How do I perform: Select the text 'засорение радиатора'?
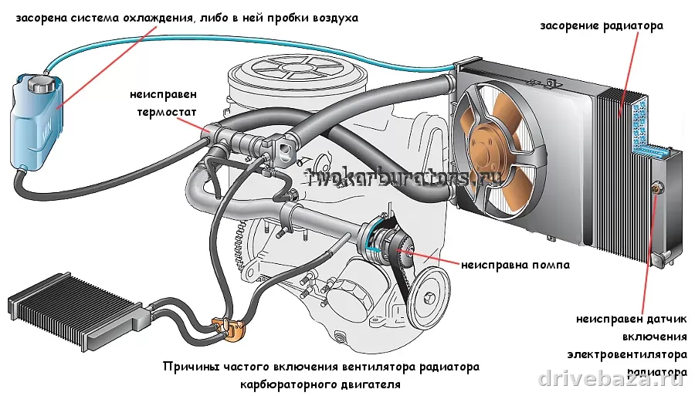(x=602, y=25)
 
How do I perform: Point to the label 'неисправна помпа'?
(x=516, y=265)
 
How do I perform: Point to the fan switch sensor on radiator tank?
(x=658, y=185)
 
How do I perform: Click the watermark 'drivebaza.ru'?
(x=611, y=377)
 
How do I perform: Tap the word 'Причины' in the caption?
(x=187, y=367)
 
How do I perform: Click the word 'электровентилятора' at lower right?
(x=626, y=355)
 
